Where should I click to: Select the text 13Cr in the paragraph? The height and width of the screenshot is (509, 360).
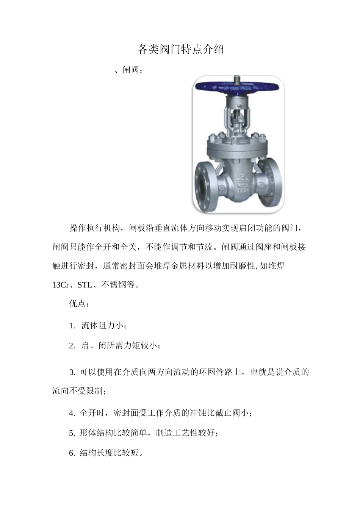(60, 285)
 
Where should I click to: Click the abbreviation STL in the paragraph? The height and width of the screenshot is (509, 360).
(85, 285)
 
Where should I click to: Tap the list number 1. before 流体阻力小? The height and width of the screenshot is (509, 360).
(72, 326)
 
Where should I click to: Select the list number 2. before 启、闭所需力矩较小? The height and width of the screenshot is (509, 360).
(72, 345)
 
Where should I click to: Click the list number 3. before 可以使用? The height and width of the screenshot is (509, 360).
(72, 372)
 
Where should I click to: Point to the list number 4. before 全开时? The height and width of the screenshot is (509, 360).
(72, 413)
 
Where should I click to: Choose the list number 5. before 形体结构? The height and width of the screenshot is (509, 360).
(72, 433)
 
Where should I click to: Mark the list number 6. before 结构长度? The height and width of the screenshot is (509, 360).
(72, 453)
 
